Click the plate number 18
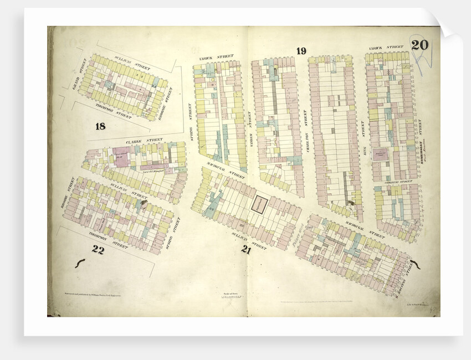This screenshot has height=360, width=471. pyautogui.click(x=100, y=126)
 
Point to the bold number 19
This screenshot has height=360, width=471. pyautogui.click(x=301, y=51)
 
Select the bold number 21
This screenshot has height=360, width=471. pyautogui.click(x=247, y=250)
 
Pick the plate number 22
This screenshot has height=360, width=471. pyautogui.click(x=98, y=250)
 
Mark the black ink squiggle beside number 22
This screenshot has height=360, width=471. pyautogui.click(x=80, y=263)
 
